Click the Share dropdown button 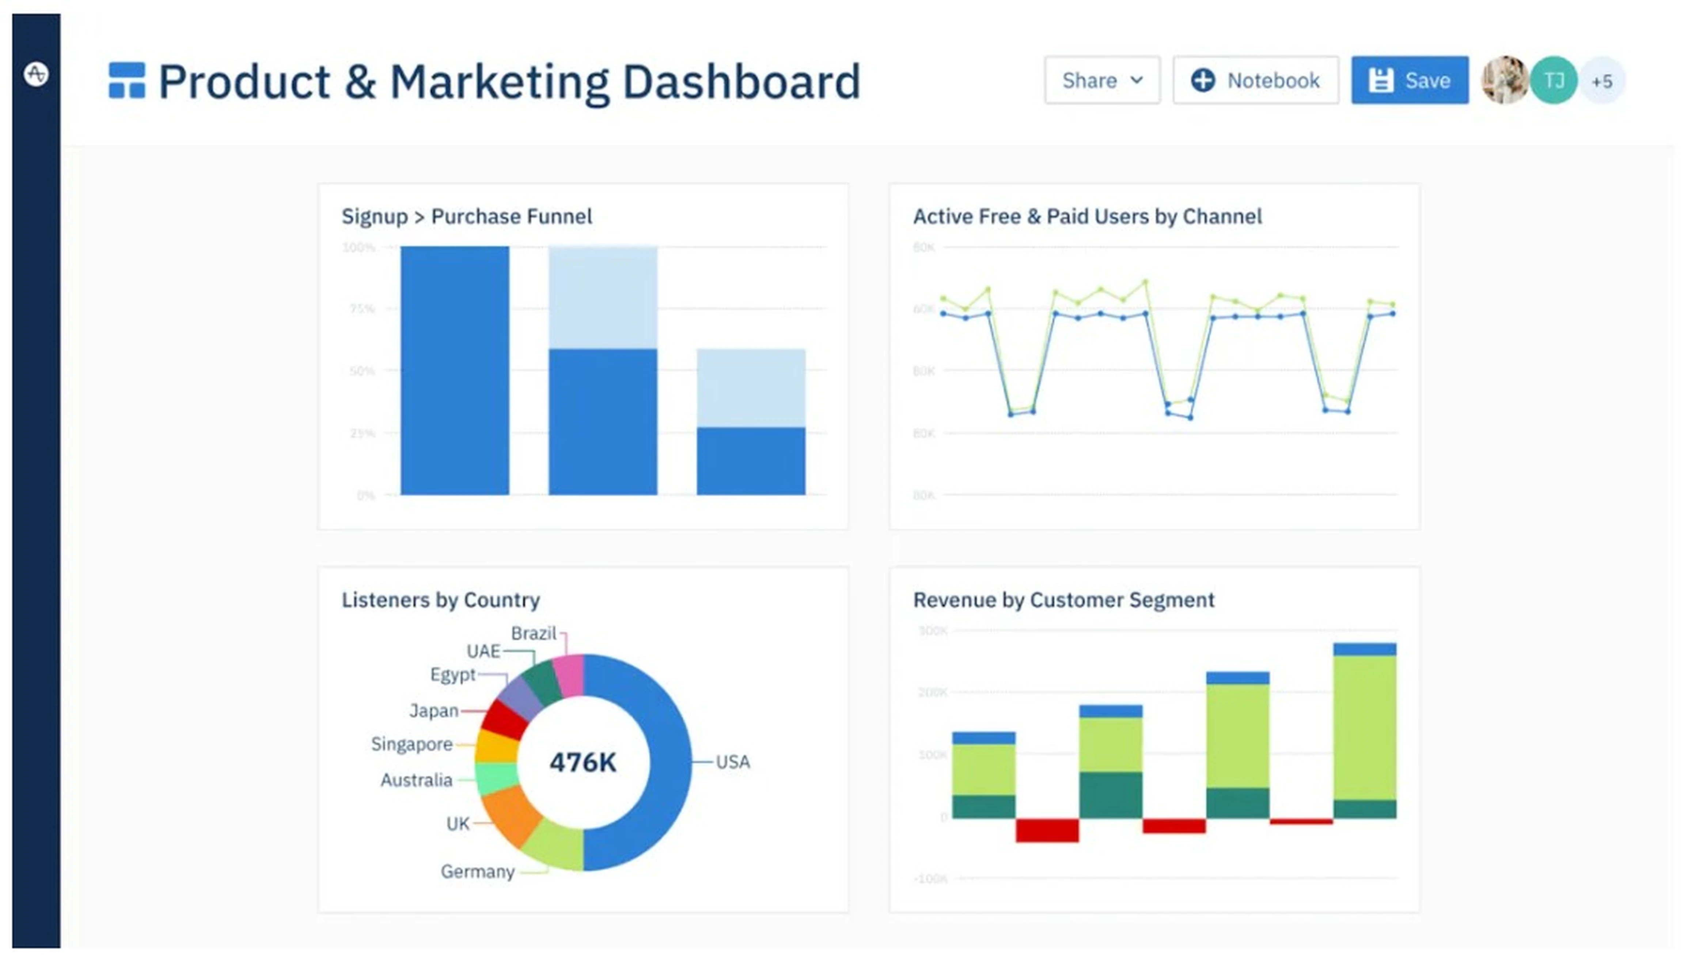coord(1102,81)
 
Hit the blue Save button coord(1409,81)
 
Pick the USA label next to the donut coord(732,762)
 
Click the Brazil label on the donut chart coord(533,633)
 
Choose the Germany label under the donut coord(477,871)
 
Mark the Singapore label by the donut coord(412,744)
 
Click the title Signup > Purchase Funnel coord(467,217)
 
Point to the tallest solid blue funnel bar coord(455,370)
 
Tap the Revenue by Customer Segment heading coord(1063,600)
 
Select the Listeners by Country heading coord(440,600)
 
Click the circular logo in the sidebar coord(36,73)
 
